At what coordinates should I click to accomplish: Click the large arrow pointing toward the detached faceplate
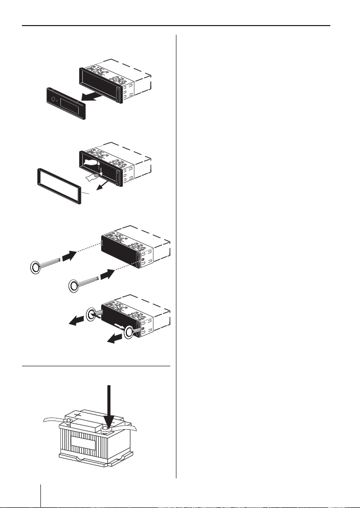click(97, 95)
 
